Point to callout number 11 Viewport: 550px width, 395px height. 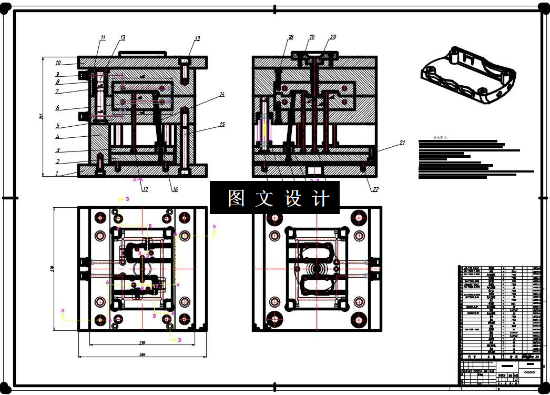[103, 38]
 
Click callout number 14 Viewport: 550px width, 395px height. [222, 95]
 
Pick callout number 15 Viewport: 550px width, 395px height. [222, 125]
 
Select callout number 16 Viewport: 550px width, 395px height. [175, 189]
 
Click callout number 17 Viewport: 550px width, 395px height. [145, 189]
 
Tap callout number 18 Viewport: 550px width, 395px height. [290, 37]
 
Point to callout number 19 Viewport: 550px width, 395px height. [312, 37]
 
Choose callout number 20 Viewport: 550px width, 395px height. [333, 37]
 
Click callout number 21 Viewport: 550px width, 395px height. [403, 143]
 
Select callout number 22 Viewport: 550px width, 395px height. [375, 189]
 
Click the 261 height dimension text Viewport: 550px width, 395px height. [42, 117]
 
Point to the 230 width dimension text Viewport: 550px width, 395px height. [142, 343]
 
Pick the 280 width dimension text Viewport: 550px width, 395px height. [142, 356]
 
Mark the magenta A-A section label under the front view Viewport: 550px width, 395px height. [138, 180]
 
